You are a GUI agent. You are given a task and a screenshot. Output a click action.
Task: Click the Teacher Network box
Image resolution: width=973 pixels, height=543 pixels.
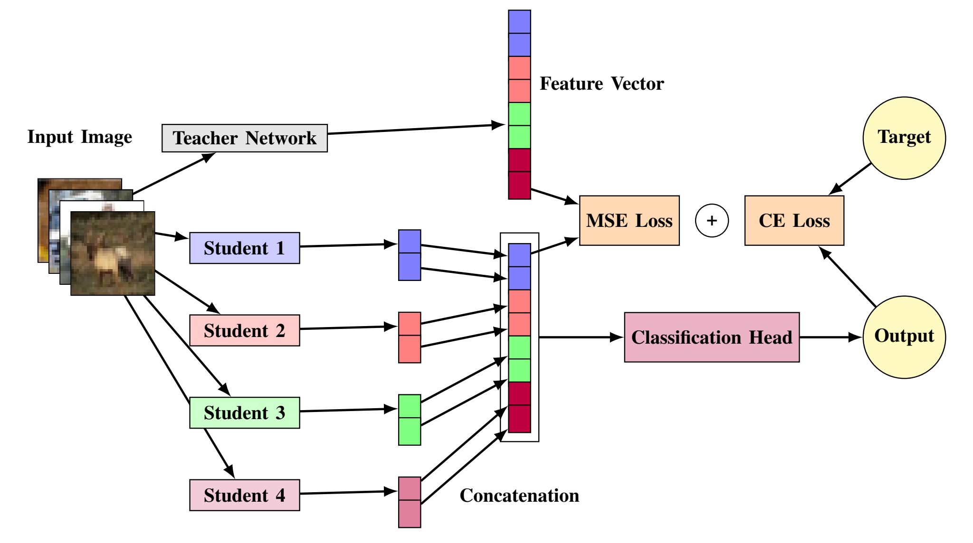[244, 138]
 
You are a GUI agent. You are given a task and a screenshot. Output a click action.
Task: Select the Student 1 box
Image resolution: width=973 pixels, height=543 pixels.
[244, 248]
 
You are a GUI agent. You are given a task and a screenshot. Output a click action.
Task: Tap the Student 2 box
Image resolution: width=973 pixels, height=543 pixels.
[244, 330]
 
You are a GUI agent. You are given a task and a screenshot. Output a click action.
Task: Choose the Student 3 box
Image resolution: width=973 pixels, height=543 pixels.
[244, 412]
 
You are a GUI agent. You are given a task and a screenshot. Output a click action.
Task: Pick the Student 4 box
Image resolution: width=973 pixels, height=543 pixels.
[244, 495]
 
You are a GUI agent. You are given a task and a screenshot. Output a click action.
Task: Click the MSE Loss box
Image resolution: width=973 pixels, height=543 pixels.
[629, 221]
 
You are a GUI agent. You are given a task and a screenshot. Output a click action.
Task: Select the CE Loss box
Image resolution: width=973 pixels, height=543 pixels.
[794, 221]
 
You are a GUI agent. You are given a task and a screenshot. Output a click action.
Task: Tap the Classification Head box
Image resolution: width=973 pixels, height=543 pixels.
[711, 337]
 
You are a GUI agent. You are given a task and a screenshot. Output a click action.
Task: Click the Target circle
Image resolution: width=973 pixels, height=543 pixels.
[904, 138]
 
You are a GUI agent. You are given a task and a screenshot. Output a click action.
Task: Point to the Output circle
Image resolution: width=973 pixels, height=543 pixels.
[904, 337]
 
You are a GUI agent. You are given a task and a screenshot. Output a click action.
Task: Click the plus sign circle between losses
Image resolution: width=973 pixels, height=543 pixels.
[712, 221]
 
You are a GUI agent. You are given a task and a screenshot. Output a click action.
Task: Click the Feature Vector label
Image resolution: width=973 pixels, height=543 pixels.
[601, 84]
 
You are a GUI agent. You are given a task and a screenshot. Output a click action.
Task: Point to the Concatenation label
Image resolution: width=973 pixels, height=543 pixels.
[519, 496]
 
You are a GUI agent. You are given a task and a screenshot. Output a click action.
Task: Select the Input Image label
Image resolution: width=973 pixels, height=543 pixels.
[80, 137]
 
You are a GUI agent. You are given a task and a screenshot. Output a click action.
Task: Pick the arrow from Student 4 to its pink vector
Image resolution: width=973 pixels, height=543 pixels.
[349, 493]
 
